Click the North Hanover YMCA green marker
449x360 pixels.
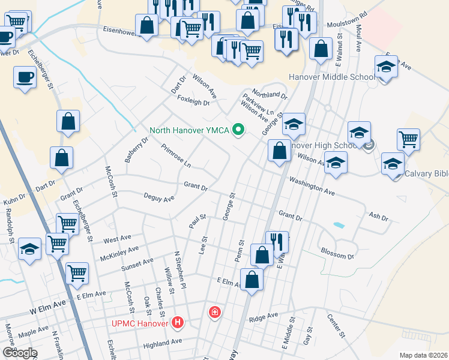pos(239,130)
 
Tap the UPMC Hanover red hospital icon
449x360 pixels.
pos(178,323)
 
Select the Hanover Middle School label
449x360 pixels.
pos(331,77)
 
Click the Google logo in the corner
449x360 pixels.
pos(19,352)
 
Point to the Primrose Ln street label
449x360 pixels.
pos(176,155)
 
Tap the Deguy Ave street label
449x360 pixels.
pos(159,197)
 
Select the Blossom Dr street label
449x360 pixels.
pos(337,253)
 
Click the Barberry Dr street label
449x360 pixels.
pos(136,152)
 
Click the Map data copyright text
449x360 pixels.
pos(423,355)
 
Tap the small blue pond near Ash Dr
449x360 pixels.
pos(339,226)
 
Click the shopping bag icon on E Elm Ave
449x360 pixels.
pos(252,279)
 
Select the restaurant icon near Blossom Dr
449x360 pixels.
pos(277,241)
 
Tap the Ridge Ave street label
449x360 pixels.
pos(264,316)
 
